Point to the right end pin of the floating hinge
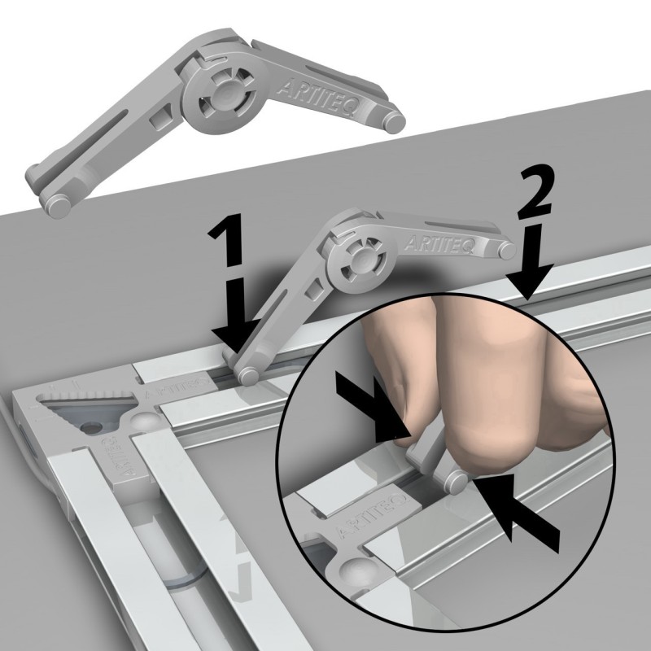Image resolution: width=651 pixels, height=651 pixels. [395, 120]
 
